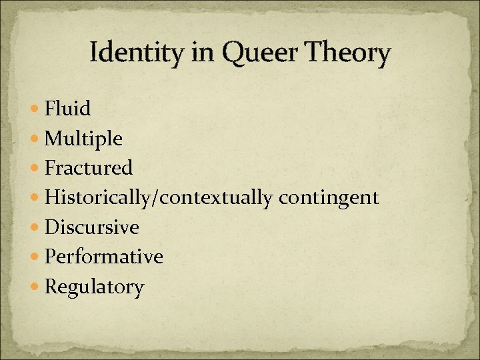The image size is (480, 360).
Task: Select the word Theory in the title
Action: pyautogui.click(x=348, y=53)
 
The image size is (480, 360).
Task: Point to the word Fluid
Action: pyautogui.click(x=67, y=108)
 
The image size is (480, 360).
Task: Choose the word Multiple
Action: pyautogui.click(x=83, y=139)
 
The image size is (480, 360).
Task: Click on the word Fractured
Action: pyautogui.click(x=89, y=168)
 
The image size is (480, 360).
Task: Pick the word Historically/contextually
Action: pyautogui.click(x=159, y=198)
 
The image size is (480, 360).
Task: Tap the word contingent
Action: pyautogui.click(x=329, y=198)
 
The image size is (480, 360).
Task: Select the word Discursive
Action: pyautogui.click(x=91, y=227)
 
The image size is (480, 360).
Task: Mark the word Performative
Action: pyautogui.click(x=103, y=257)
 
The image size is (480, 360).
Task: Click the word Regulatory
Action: pyautogui.click(x=94, y=287)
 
